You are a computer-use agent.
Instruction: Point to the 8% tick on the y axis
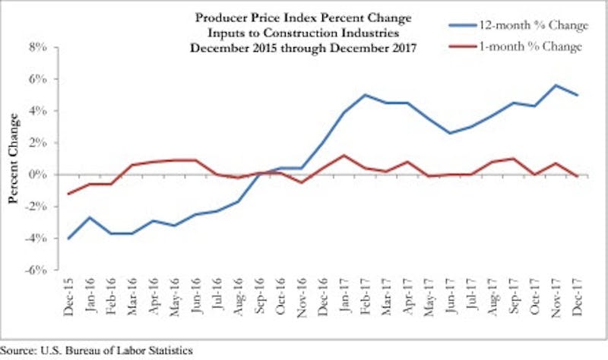[x=37, y=47]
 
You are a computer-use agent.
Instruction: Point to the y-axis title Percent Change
[x=14, y=159]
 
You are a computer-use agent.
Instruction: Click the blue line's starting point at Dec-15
[x=70, y=238]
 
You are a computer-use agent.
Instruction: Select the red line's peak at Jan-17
[x=344, y=156]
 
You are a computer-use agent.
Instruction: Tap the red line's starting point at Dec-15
[x=70, y=194]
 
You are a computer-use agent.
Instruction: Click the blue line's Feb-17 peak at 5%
[x=366, y=95]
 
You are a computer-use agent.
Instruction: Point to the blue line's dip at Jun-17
[x=451, y=133]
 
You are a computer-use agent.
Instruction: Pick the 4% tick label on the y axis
[x=37, y=111]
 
